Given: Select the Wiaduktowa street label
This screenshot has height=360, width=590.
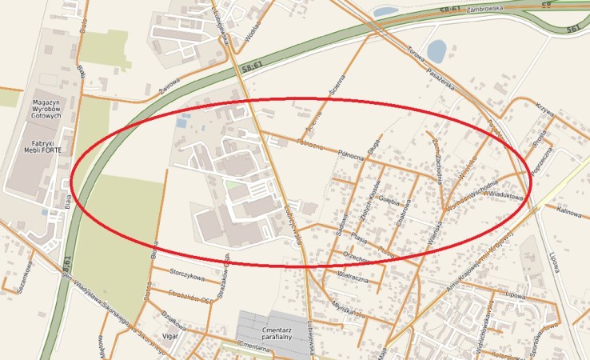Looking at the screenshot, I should point(504,195).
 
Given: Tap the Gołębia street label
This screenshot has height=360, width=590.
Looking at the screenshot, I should point(389,198).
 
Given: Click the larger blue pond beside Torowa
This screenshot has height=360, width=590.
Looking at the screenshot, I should point(437,52).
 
